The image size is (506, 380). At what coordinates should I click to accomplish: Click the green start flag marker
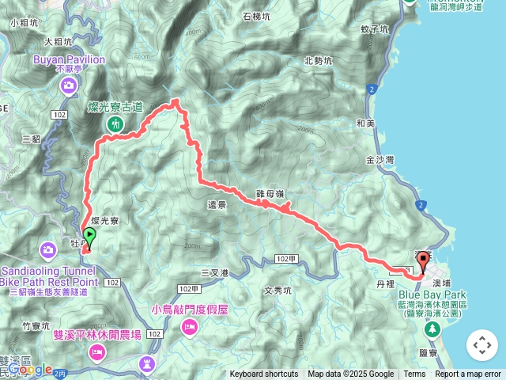89,236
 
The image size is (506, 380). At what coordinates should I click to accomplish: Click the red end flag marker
422,260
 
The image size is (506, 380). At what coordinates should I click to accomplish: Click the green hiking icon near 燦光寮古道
115,124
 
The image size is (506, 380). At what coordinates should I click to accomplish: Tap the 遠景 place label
217,204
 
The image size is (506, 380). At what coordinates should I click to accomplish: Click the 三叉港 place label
214,273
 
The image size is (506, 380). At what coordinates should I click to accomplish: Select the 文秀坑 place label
278,290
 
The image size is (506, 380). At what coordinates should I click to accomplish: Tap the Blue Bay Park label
427,294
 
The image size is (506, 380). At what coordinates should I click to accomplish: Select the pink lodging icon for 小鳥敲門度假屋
189,326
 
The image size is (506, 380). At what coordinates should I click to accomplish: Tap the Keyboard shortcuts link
264,374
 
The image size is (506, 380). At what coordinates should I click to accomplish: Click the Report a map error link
468,374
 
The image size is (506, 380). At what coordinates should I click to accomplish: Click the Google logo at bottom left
30,370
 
